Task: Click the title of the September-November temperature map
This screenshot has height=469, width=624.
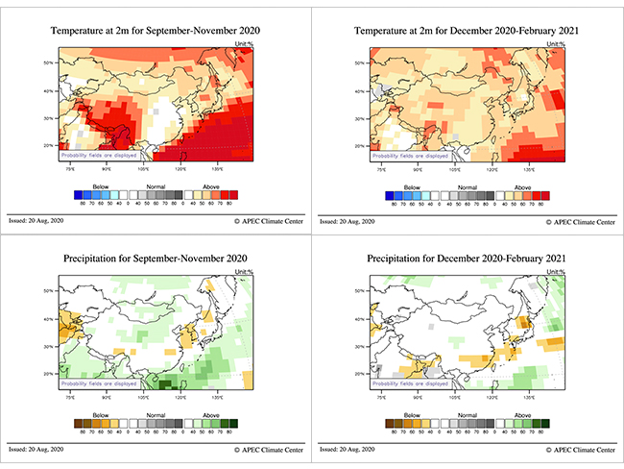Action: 156,31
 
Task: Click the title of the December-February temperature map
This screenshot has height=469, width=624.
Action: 468,31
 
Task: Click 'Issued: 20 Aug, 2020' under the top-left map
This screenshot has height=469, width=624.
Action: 36,221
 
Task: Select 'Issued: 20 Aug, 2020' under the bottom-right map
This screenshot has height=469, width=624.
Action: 348,449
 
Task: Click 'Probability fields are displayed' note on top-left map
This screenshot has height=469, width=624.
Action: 100,155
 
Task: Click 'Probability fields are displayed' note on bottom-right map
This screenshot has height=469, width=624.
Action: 412,382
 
